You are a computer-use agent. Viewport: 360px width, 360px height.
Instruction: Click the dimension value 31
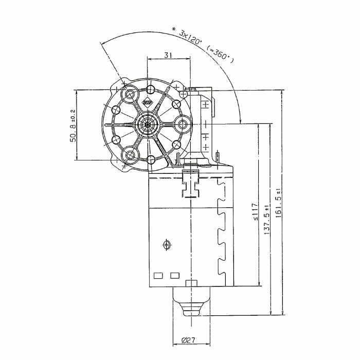click(168, 55)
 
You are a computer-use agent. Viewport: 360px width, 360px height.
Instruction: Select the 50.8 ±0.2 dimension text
click(73, 125)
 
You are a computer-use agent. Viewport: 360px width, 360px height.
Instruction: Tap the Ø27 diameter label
click(188, 340)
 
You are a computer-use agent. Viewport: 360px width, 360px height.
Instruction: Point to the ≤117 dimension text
click(255, 212)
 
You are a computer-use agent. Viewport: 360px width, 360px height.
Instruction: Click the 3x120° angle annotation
click(190, 38)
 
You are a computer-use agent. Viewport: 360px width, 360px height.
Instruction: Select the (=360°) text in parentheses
click(220, 55)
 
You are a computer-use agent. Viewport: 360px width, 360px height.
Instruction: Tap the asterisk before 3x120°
click(174, 30)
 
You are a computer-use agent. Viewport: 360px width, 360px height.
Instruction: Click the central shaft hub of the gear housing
click(148, 124)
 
